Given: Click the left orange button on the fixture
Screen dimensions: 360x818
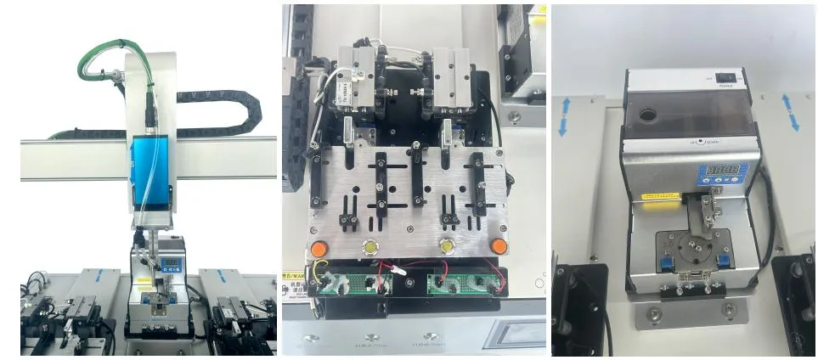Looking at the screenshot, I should (x=315, y=250).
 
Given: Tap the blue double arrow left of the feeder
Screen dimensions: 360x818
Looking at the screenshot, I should (x=562, y=116).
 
